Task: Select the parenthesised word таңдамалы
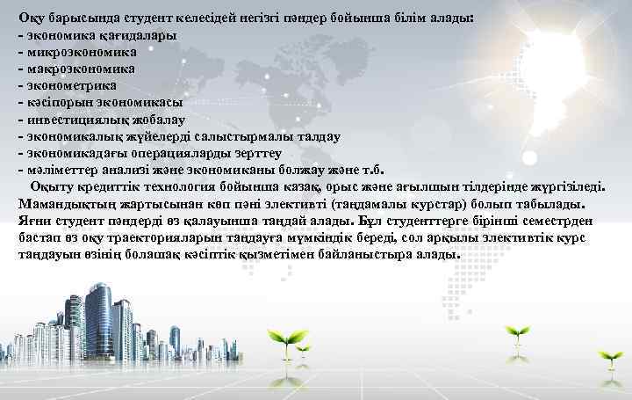point(390,203)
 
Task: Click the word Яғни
point(33,221)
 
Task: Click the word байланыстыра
point(352,254)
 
